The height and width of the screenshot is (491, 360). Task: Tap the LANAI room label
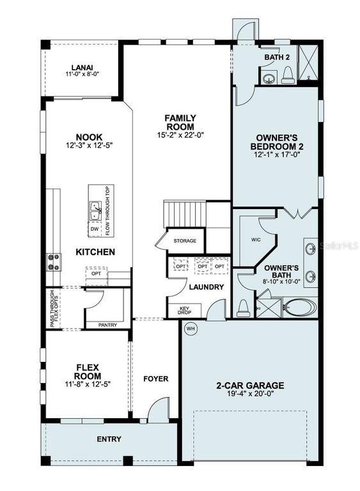coord(82,67)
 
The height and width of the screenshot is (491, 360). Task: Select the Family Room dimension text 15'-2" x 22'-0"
coord(180,135)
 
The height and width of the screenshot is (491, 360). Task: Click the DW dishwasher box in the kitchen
coord(95,229)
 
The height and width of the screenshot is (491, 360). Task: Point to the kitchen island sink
coord(95,207)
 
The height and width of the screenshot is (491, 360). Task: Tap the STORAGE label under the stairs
coord(185,241)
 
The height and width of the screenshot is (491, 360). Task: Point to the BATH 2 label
coord(277,58)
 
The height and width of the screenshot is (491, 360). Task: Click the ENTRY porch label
coord(109,439)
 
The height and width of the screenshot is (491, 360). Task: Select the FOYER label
coord(155,378)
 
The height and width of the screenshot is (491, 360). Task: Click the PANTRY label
coord(107,325)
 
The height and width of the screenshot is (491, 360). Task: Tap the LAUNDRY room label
coord(206,287)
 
